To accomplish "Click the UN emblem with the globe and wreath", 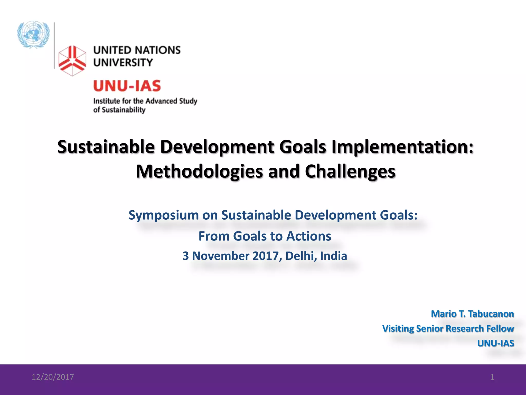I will [33, 34].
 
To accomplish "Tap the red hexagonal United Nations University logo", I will [72, 61].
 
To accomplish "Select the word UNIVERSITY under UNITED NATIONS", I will [123, 62].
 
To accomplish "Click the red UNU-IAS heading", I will [127, 86].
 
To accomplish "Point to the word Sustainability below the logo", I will [124, 110].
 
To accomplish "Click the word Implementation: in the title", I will [402, 147].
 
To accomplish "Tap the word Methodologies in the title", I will [199, 172].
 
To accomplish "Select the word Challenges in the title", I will [350, 172].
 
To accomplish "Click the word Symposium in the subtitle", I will [163, 215].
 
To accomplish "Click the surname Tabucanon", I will [491, 314].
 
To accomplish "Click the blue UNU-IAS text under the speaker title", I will [495, 343].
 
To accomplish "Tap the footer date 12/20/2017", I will [53, 377].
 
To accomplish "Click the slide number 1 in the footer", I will [492, 377].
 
